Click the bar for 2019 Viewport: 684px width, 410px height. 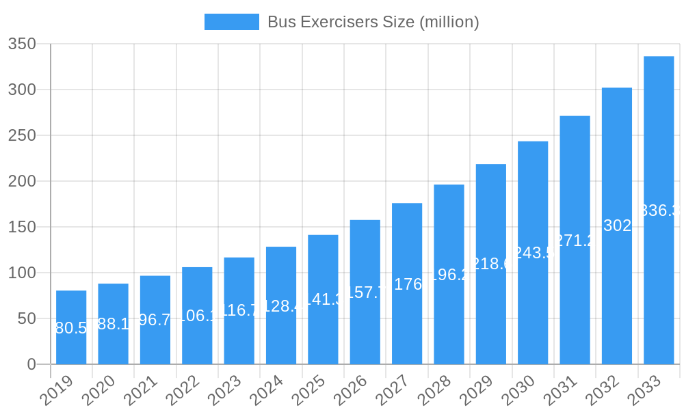point(71,327)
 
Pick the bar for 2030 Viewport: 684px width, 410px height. point(533,253)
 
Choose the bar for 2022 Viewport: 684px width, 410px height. point(197,316)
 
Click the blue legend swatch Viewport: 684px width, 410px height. point(232,22)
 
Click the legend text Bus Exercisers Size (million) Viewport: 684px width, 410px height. point(373,22)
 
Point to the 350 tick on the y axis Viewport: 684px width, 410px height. point(22,44)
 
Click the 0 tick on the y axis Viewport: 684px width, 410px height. point(31,364)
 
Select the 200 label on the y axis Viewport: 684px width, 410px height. point(22,182)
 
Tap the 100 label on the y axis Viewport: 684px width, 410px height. point(22,273)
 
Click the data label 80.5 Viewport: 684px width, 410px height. point(71,328)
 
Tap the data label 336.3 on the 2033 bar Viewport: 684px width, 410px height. point(659,210)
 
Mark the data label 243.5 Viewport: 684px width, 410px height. point(533,253)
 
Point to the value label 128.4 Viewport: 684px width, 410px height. point(281,305)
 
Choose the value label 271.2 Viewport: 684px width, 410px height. point(575,241)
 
